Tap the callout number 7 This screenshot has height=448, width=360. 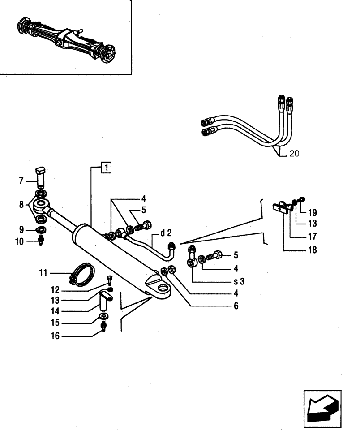(21, 181)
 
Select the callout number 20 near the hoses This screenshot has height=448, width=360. (294, 154)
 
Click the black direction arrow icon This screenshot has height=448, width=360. (321, 408)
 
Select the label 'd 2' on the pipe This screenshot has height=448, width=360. (166, 233)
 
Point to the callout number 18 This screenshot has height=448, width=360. (312, 250)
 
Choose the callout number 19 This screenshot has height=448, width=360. (312, 213)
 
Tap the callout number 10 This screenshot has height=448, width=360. (21, 241)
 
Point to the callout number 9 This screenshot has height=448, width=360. (21, 230)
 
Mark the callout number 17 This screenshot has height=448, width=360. (312, 236)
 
